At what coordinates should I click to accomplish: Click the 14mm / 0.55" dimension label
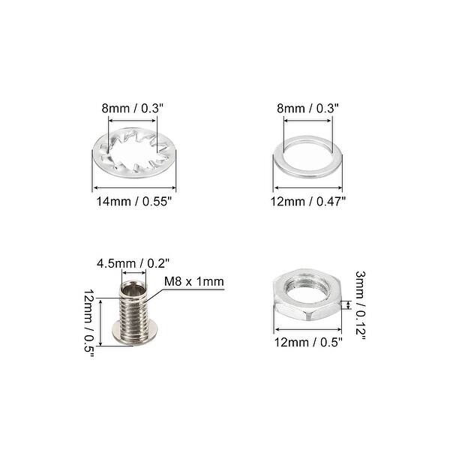[136, 201]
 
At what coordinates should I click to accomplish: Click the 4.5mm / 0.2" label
[133, 262]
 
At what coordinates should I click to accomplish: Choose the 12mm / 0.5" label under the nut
[308, 343]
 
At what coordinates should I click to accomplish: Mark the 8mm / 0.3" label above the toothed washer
[136, 108]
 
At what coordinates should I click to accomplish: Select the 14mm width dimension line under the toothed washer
[136, 188]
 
